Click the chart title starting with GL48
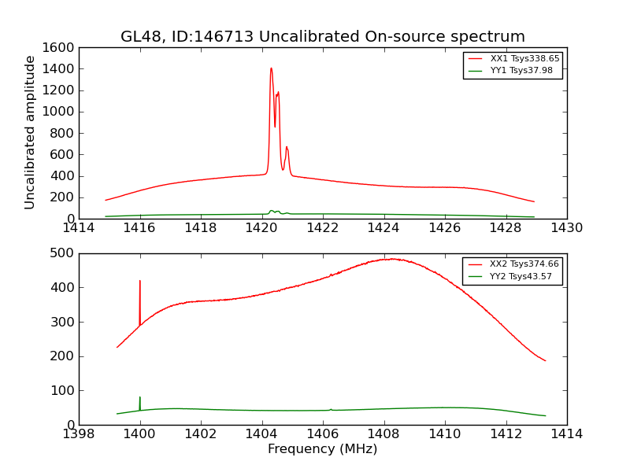click(322, 37)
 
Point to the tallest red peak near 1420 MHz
click(271, 68)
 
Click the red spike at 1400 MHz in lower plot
click(140, 282)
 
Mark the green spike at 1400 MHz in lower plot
click(140, 398)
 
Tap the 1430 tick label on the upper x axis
click(566, 228)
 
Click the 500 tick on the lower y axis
click(65, 253)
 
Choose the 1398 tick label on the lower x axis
click(79, 434)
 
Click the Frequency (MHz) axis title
click(322, 449)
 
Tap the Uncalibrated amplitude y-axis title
click(31, 132)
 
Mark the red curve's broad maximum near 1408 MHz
click(390, 259)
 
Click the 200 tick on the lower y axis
click(65, 356)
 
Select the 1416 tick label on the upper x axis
click(139, 228)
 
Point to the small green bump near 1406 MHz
click(331, 409)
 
